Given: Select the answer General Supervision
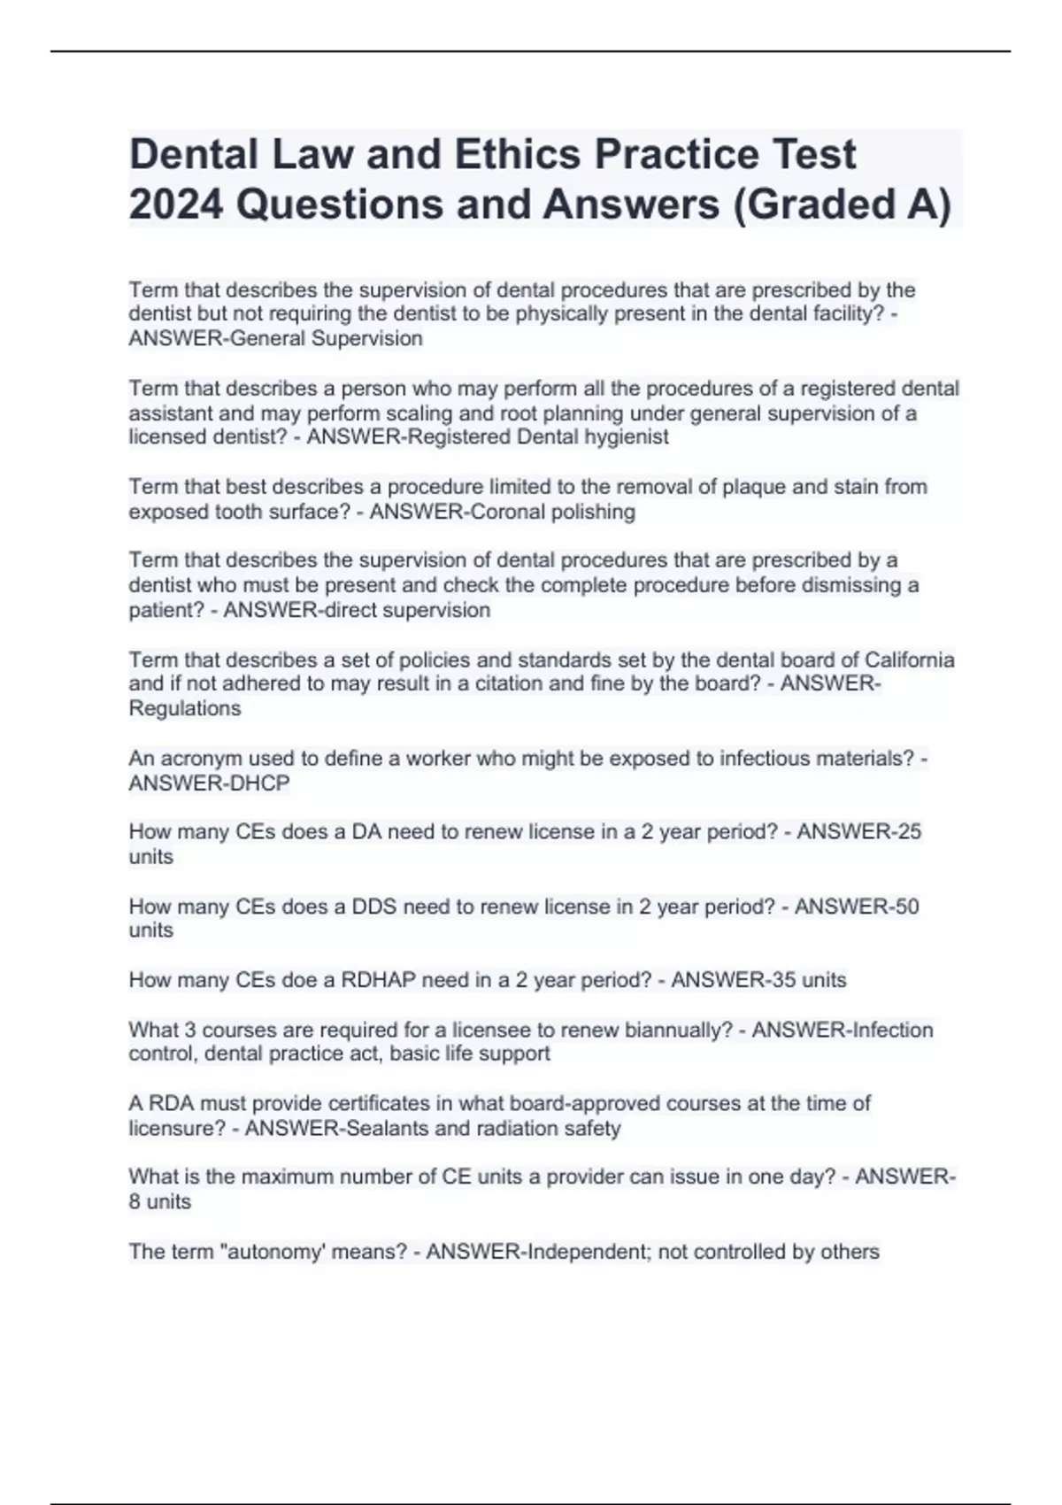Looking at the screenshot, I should click(x=326, y=338).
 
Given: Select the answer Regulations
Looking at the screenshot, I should click(x=184, y=708).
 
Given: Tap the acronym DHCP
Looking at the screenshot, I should click(x=259, y=783).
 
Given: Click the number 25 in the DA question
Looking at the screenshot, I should click(x=909, y=831).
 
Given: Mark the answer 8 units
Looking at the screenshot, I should click(x=159, y=1201).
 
